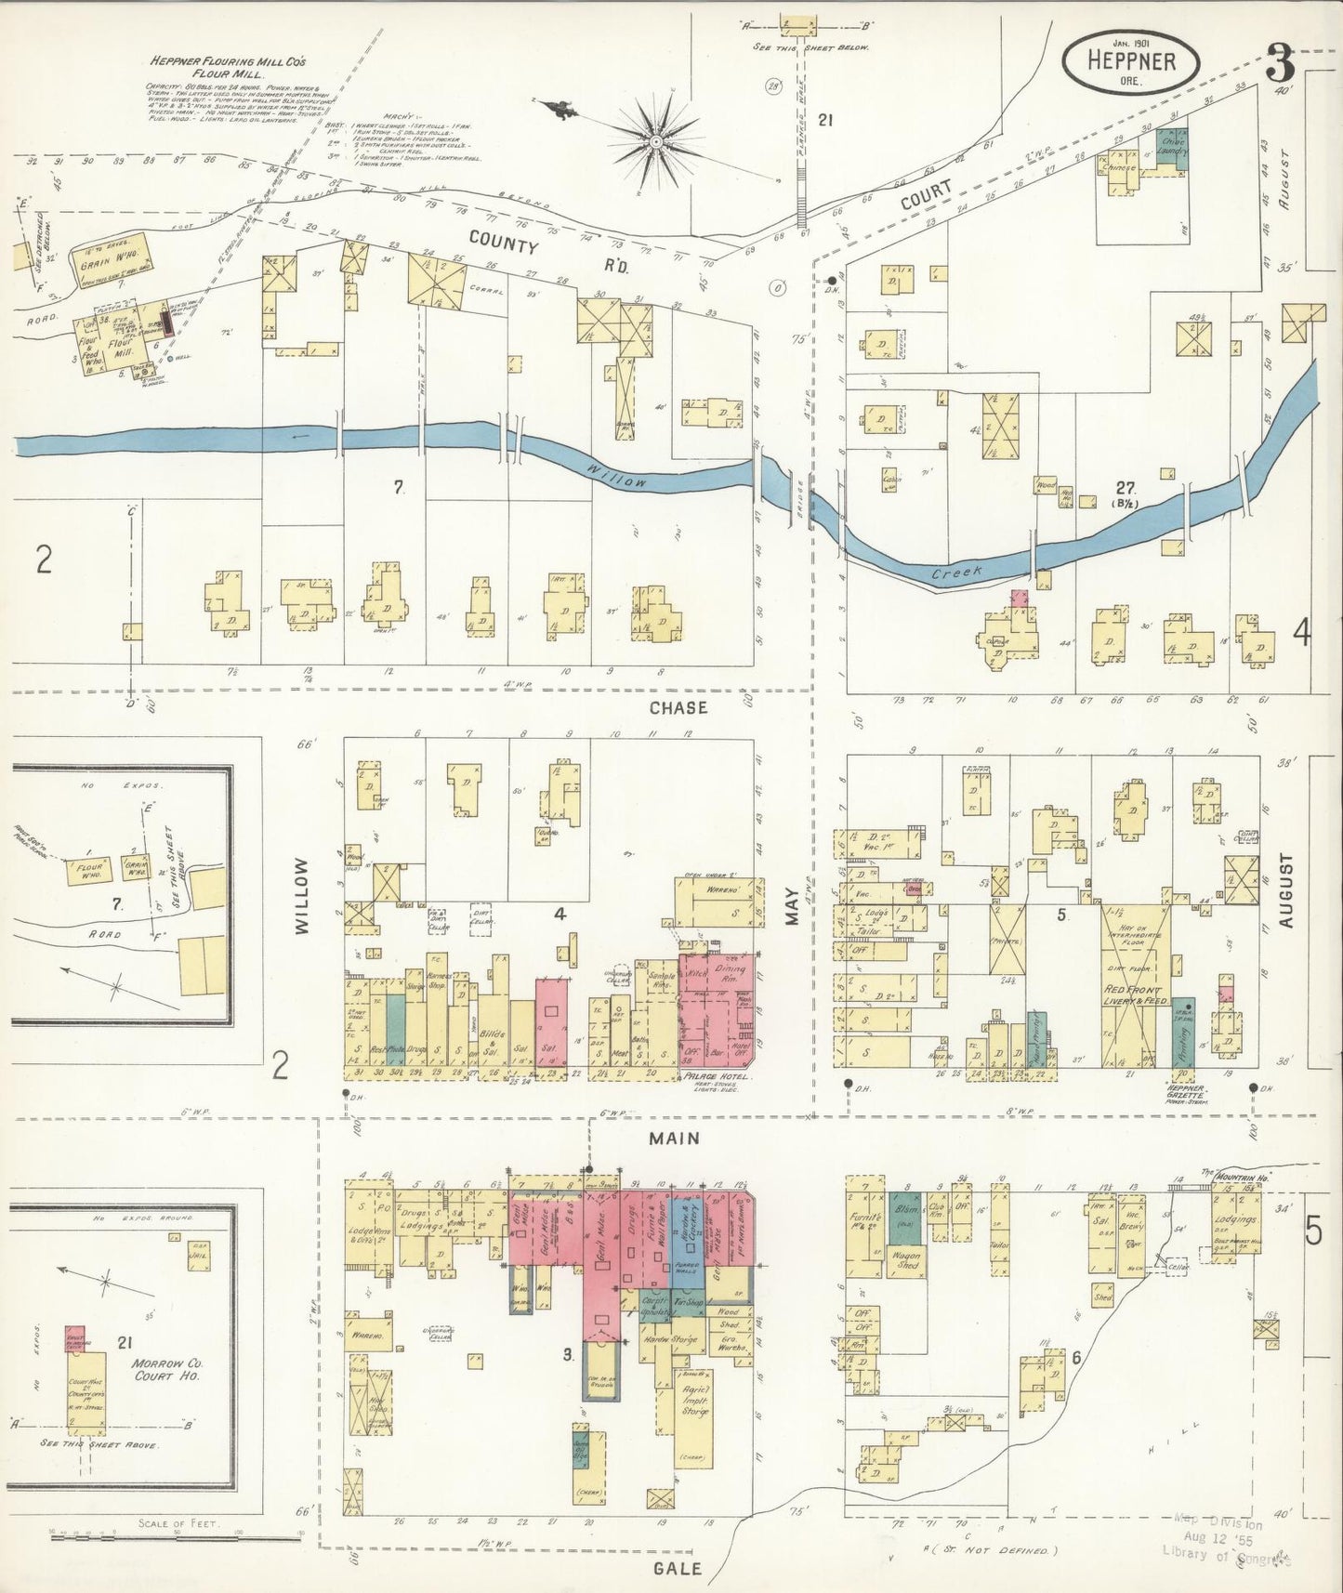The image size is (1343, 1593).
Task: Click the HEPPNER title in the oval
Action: point(1131,63)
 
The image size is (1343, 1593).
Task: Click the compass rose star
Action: point(655,140)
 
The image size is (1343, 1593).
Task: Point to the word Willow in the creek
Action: point(616,477)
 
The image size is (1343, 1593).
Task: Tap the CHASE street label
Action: point(678,707)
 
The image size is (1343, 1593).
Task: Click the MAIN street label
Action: point(675,1138)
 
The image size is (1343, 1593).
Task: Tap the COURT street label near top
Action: point(925,197)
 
